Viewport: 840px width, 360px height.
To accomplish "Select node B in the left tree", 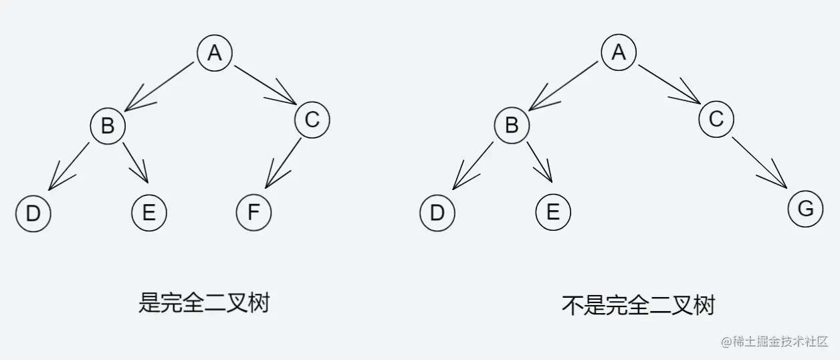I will point(108,125).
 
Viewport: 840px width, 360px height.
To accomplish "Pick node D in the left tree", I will point(33,213).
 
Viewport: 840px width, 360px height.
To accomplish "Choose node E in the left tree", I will point(148,213).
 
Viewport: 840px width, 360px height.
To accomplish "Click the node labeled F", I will point(253,213).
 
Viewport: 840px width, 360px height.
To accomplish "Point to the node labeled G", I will point(805,209).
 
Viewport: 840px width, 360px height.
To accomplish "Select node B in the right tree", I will point(512,125).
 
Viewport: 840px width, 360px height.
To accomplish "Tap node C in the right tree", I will point(716,120).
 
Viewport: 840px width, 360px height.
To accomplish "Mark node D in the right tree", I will point(437,213).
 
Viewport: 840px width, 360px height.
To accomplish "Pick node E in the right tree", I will point(553,213).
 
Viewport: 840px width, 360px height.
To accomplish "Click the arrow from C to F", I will point(281,163).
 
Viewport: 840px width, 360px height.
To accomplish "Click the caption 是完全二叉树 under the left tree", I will point(204,304).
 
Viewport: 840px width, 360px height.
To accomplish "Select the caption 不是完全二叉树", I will point(639,305).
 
